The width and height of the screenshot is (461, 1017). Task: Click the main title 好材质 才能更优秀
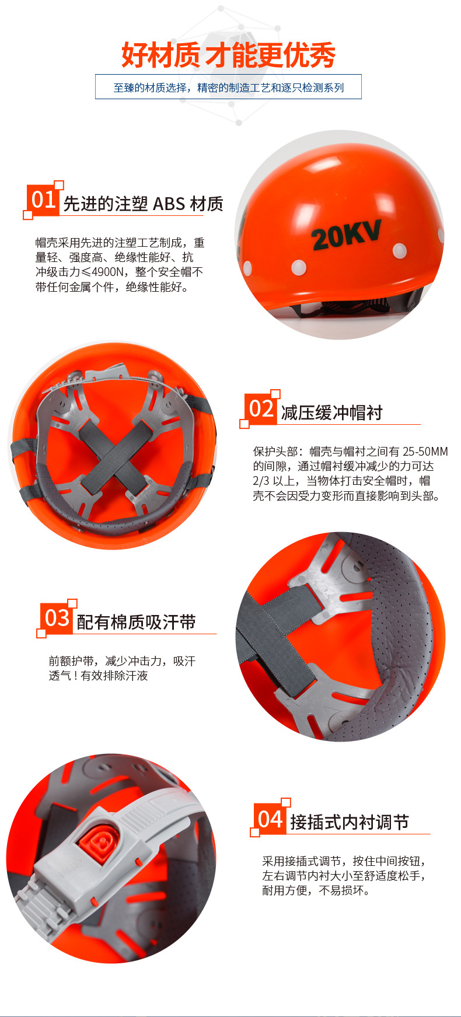228,55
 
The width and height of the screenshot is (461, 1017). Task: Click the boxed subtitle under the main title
228,88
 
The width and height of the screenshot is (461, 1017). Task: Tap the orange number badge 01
43,200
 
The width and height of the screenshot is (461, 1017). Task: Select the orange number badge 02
260,408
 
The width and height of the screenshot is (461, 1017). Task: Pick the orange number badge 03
57,618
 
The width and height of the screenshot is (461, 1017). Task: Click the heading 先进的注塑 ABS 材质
143,204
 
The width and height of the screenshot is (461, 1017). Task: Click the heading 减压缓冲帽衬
331,413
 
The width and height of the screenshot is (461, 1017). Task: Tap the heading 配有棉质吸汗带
136,623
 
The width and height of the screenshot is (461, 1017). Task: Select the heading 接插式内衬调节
349,823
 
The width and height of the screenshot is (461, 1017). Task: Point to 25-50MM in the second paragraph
425,452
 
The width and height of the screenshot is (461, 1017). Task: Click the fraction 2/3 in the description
261,481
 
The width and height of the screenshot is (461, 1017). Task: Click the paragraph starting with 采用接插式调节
344,875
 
